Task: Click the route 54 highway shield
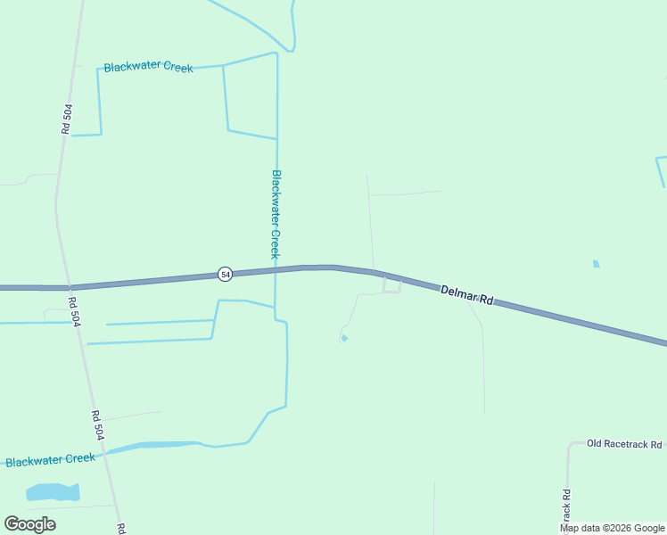(225, 275)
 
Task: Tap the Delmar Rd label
(467, 295)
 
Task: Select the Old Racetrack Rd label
(624, 444)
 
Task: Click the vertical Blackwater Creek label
(276, 214)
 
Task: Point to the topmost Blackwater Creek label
(148, 68)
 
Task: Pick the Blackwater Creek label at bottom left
(50, 460)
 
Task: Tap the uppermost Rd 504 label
(67, 119)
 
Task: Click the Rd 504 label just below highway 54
(76, 313)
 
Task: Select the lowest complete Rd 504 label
(97, 424)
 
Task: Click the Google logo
(29, 524)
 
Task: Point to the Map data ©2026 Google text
(613, 528)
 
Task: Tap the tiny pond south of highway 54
(344, 338)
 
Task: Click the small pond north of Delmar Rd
(596, 264)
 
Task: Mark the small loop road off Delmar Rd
(391, 286)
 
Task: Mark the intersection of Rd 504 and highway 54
(65, 287)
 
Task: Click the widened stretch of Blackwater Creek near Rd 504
(156, 445)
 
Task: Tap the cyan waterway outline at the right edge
(661, 169)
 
